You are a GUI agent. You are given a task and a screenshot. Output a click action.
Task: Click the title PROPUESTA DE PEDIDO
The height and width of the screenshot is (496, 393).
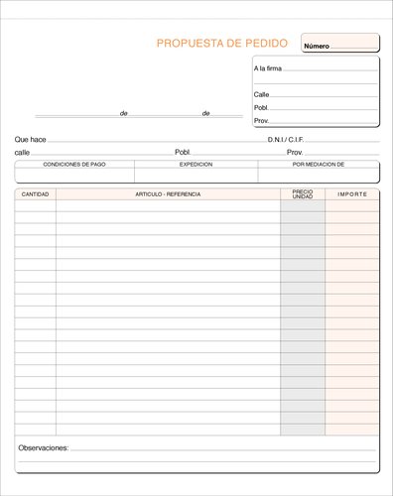pos(222,44)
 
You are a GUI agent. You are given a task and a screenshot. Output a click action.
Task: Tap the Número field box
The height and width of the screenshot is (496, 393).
pos(339,44)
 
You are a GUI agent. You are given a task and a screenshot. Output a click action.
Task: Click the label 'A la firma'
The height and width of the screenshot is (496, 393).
pos(267,68)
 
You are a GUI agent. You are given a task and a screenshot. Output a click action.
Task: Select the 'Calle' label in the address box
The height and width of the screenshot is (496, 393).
pos(261,94)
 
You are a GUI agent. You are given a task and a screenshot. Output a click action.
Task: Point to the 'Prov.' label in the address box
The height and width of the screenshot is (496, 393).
pos(262,120)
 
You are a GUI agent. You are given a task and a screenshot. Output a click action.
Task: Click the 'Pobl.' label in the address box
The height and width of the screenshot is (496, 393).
pos(262,107)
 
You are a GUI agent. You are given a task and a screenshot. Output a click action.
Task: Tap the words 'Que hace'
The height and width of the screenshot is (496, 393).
pos(31,140)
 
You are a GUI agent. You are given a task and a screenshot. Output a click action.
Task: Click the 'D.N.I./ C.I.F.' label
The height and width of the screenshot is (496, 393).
pos(292,140)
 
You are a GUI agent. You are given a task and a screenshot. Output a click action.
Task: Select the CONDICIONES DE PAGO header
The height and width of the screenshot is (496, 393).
pos(74,164)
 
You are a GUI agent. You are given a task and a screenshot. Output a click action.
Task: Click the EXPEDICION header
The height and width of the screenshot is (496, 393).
pos(196,164)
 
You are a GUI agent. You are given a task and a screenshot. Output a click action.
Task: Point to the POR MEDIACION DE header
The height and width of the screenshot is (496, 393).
pos(318,164)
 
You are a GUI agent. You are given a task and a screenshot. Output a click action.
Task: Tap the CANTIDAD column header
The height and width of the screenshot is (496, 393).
pos(35,194)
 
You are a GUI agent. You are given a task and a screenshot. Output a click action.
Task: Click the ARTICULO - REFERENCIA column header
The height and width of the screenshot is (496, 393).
pos(168,194)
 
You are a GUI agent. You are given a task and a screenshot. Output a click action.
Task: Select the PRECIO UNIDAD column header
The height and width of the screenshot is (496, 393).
pos(303,194)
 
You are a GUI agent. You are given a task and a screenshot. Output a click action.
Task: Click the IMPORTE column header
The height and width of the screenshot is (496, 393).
pos(352,194)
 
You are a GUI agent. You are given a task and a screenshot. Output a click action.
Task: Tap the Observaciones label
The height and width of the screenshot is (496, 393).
pos(44,448)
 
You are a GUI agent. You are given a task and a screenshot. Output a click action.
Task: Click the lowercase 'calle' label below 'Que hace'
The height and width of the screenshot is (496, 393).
pos(22,153)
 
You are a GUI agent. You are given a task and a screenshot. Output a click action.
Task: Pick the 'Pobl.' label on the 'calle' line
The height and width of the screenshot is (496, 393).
pos(183,153)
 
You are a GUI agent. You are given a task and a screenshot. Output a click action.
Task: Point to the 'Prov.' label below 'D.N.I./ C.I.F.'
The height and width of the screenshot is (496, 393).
pos(295,153)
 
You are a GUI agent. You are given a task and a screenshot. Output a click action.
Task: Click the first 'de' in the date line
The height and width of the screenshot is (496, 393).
pos(124,114)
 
